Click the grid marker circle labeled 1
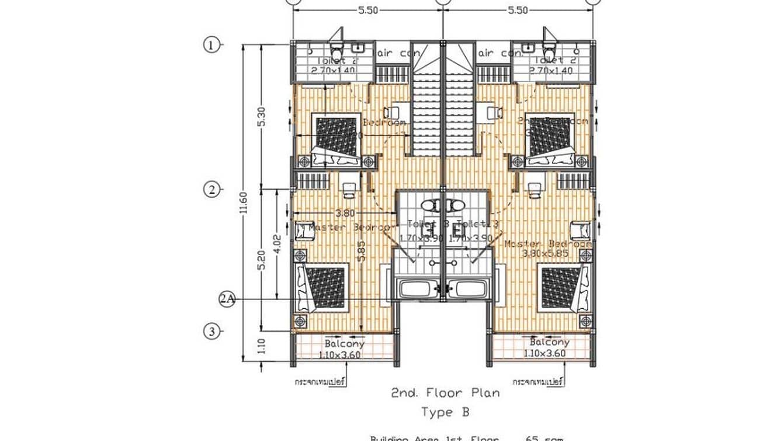[211, 44]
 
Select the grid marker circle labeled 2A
[227, 299]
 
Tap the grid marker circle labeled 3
[211, 332]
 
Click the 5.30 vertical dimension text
[262, 117]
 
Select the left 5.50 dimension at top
[368, 10]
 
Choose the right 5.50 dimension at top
[518, 10]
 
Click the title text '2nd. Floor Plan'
[445, 392]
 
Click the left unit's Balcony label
[345, 343]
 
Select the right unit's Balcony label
[549, 342]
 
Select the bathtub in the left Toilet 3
[417, 288]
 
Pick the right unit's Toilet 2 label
[551, 60]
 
